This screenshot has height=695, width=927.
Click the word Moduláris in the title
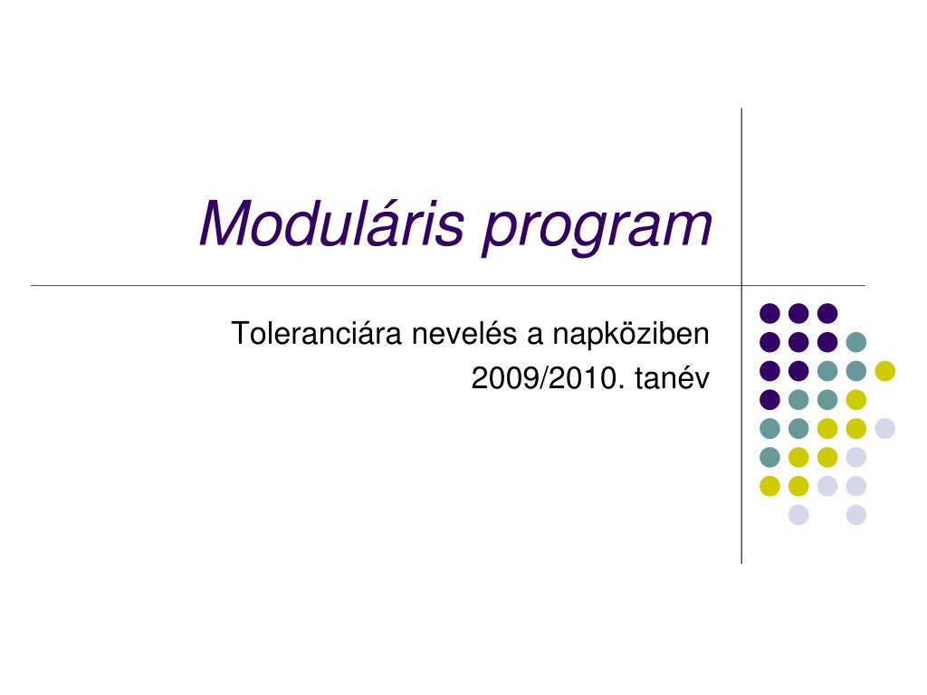[x=331, y=223]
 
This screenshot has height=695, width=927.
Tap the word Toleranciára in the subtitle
[x=316, y=333]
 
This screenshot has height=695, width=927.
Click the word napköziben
[x=631, y=335]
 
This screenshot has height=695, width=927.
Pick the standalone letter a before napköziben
[x=534, y=337]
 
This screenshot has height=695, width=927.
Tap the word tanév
[x=673, y=378]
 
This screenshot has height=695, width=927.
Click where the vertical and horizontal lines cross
[x=741, y=285]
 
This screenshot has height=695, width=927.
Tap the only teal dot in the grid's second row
[x=856, y=341]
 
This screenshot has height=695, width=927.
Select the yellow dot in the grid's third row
[x=885, y=370]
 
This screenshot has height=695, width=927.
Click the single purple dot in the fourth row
[x=769, y=399]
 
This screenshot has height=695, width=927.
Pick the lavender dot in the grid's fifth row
[x=885, y=428]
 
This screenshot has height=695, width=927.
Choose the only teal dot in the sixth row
[x=769, y=457]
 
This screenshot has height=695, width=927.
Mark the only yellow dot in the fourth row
[x=856, y=399]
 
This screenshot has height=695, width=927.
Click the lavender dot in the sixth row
[x=856, y=457]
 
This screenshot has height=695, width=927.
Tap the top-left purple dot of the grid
[x=769, y=313]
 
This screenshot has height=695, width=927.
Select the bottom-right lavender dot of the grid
[x=856, y=515]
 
